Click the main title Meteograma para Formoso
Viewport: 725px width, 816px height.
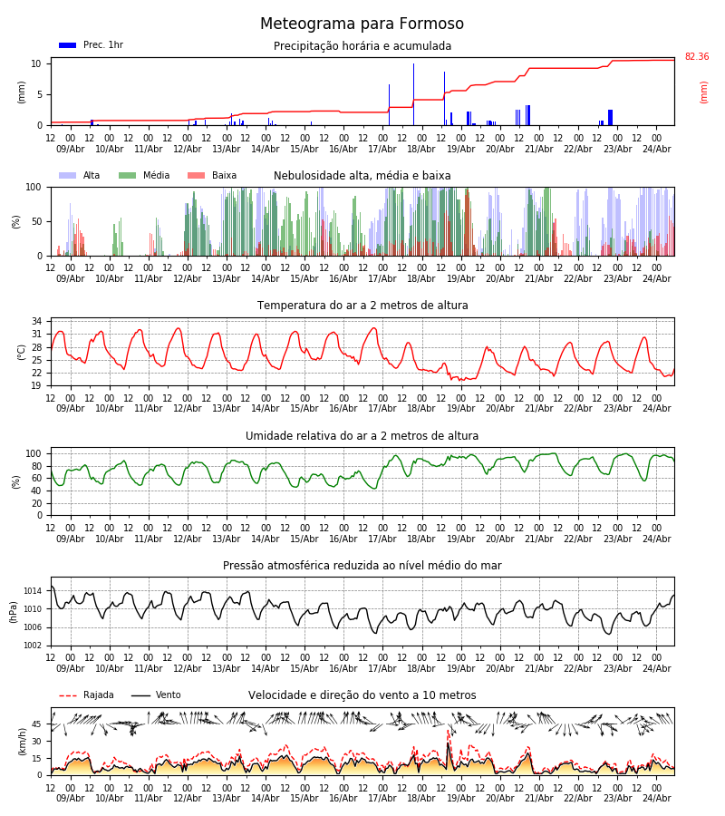click(x=362, y=24)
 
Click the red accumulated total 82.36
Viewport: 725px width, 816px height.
click(x=697, y=57)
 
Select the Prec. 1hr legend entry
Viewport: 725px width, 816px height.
click(x=91, y=45)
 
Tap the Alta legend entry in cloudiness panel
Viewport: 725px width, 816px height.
click(x=79, y=175)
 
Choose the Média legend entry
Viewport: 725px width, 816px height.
click(x=144, y=175)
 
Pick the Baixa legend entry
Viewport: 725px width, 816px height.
click(x=212, y=175)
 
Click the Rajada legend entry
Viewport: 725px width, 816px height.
click(x=86, y=695)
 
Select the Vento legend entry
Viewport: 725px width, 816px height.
click(x=156, y=695)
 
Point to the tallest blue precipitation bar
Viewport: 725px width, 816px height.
click(x=414, y=94)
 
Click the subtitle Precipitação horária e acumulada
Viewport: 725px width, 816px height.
click(x=362, y=46)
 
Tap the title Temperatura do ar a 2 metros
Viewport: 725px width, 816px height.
click(x=362, y=306)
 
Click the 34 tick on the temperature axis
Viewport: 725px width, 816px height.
click(x=36, y=321)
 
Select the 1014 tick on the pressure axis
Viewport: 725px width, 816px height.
click(x=33, y=591)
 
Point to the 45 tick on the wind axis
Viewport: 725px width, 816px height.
click(x=36, y=724)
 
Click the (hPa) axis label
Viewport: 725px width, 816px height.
click(x=14, y=612)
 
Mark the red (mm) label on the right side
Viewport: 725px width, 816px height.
click(x=703, y=92)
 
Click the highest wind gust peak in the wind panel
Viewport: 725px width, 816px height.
click(x=448, y=731)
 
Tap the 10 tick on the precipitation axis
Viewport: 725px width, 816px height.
click(x=36, y=64)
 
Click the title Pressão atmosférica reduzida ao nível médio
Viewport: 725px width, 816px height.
click(x=362, y=566)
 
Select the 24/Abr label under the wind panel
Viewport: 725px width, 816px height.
click(x=657, y=798)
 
